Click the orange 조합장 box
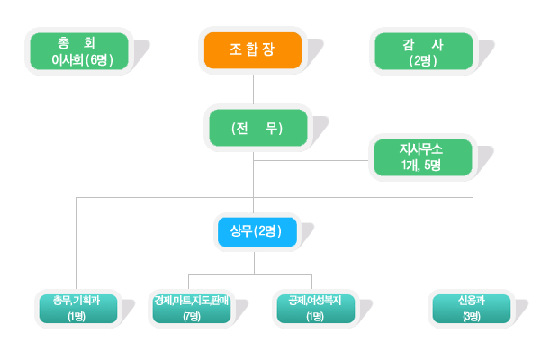coord(253,49)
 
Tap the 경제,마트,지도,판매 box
coord(192,307)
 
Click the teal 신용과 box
coord(471,307)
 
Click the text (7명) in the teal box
coord(192,316)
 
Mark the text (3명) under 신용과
coord(471,316)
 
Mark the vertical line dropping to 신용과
coord(473,243)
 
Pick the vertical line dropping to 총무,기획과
coord(76,243)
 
